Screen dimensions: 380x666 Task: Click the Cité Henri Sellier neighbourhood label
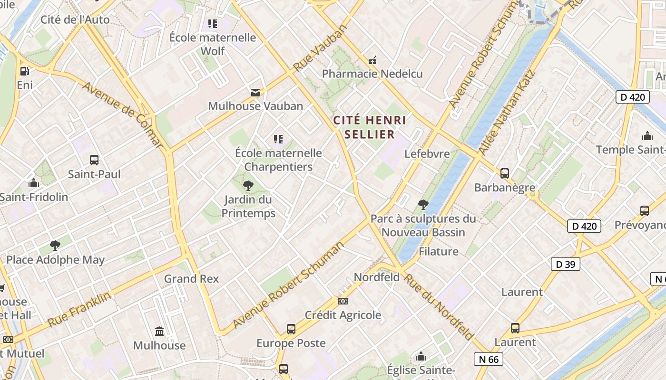(x=370, y=127)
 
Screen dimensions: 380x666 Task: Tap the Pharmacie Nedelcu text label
(x=372, y=74)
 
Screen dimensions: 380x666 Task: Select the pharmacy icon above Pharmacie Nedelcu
(x=372, y=60)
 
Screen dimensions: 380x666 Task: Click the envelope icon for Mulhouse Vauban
(x=255, y=92)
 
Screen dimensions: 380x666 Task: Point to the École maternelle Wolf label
(x=213, y=44)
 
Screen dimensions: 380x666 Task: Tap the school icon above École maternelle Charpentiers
(x=278, y=139)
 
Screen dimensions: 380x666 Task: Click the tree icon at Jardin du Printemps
(x=248, y=185)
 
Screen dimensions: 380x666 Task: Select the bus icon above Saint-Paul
(x=94, y=160)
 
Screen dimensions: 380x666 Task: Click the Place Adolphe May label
(x=55, y=260)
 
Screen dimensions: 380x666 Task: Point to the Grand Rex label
(x=191, y=279)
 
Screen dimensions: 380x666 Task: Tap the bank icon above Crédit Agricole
(x=343, y=301)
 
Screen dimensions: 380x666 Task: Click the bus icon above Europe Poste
(x=291, y=329)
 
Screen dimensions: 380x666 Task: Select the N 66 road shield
(x=488, y=359)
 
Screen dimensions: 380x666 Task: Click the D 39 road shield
(x=565, y=264)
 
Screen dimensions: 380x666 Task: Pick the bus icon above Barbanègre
(x=505, y=173)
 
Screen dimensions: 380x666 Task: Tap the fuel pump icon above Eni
(x=24, y=71)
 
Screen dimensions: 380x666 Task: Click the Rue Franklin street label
(x=79, y=309)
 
